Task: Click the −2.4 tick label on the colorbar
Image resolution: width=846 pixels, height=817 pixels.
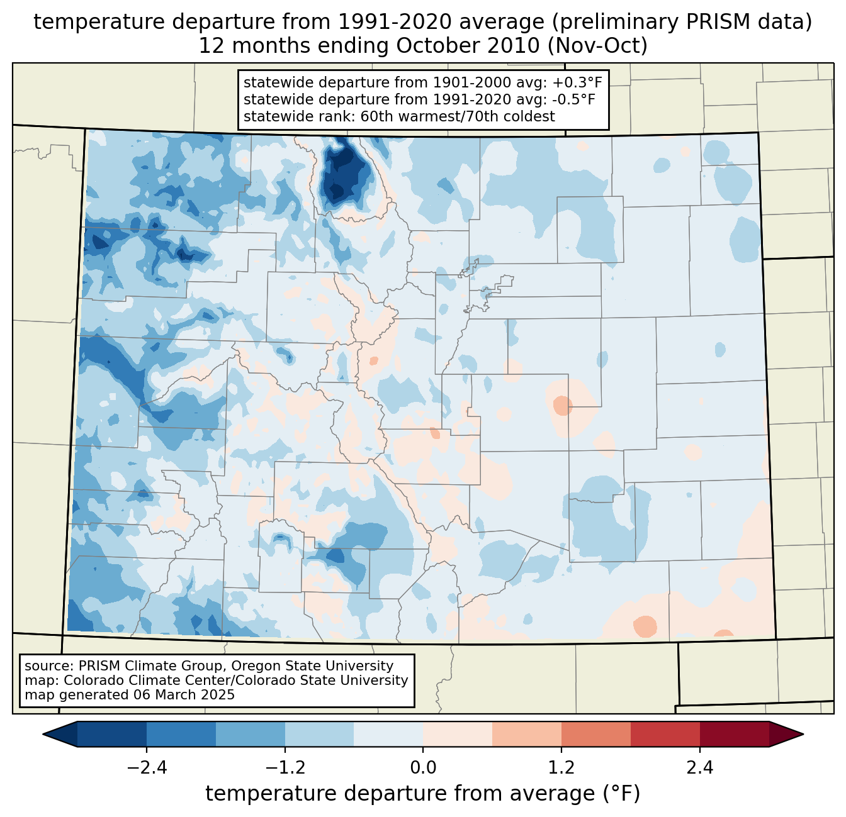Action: tap(147, 768)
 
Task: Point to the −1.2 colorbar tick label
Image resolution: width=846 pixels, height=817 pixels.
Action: tap(285, 768)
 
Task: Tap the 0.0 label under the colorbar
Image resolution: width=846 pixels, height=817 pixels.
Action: tap(423, 768)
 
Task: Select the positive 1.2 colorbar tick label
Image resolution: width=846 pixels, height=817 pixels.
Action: tap(561, 768)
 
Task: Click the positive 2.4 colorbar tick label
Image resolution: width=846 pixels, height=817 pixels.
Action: tap(700, 768)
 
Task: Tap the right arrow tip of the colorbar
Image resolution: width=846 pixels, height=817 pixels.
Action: tap(801, 734)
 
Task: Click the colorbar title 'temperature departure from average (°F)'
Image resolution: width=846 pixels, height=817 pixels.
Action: tap(423, 794)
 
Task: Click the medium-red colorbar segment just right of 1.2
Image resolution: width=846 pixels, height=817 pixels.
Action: tap(595, 734)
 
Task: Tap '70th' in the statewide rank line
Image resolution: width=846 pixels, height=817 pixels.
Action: tap(470, 116)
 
